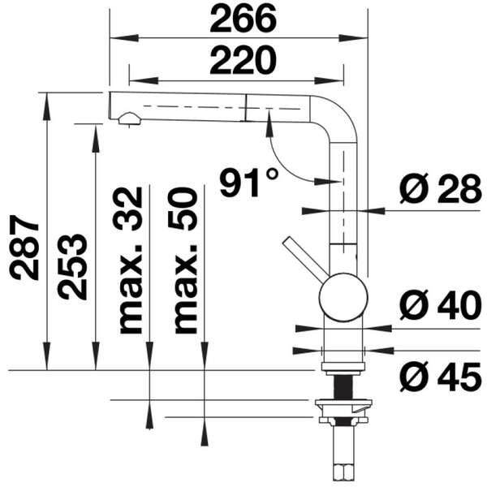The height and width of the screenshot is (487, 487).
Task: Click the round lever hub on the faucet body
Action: (342, 295)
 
